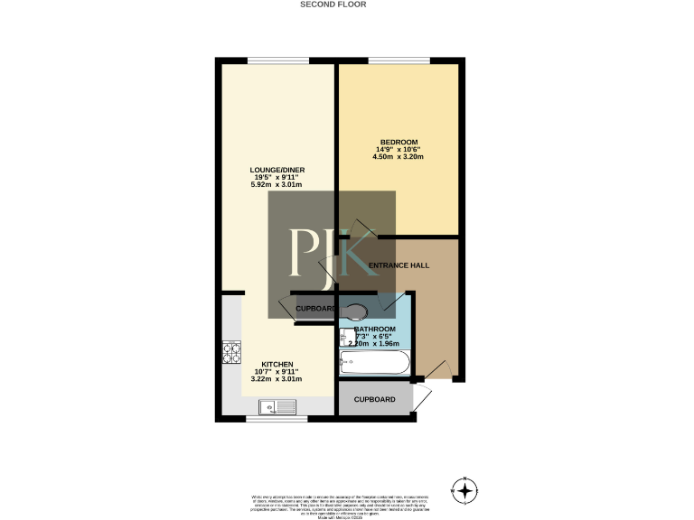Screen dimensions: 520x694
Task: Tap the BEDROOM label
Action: coord(399,143)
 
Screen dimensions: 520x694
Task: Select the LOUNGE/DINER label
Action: coord(276,171)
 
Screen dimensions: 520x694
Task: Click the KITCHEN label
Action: coord(277,365)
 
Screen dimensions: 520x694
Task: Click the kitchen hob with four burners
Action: coord(231,351)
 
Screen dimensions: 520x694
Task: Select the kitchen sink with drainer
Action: coord(277,407)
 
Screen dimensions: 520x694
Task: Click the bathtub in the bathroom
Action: coord(374,364)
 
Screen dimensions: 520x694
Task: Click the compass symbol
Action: coord(464,490)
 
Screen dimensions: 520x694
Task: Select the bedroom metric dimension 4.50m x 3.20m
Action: coord(399,157)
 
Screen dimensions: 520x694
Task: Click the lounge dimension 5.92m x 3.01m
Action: coord(276,185)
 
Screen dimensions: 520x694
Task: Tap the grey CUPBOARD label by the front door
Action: coord(374,399)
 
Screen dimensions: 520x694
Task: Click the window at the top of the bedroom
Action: coord(399,60)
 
